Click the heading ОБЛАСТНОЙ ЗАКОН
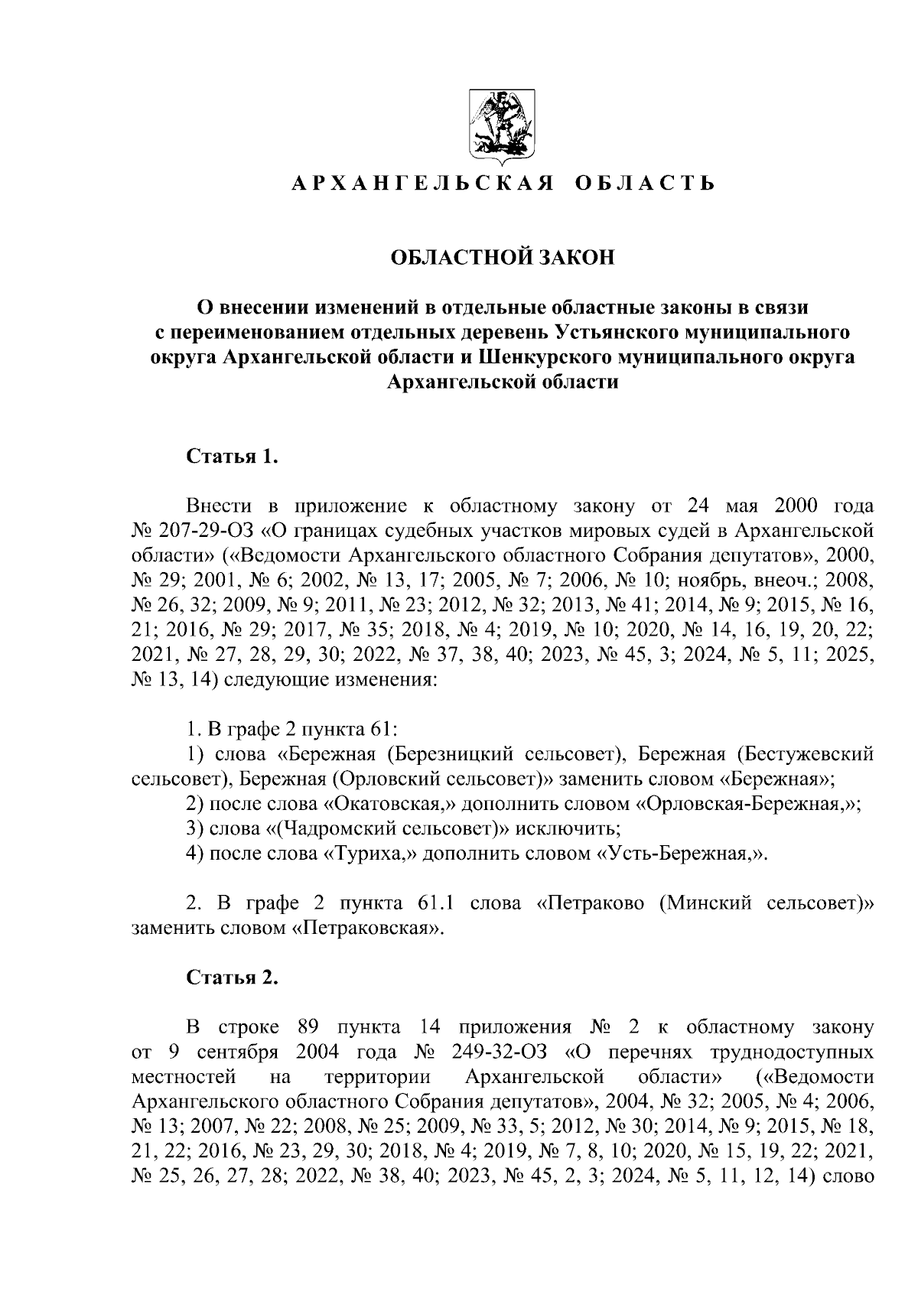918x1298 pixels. tap(503, 258)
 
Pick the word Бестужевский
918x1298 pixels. tap(811, 755)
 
